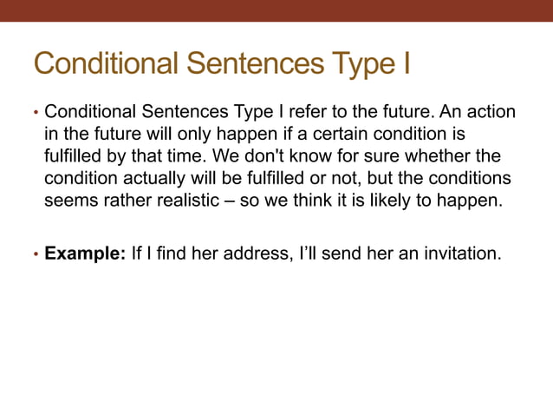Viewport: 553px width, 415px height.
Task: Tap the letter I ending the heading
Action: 404,63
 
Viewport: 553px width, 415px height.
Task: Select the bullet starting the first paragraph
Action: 36,114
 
